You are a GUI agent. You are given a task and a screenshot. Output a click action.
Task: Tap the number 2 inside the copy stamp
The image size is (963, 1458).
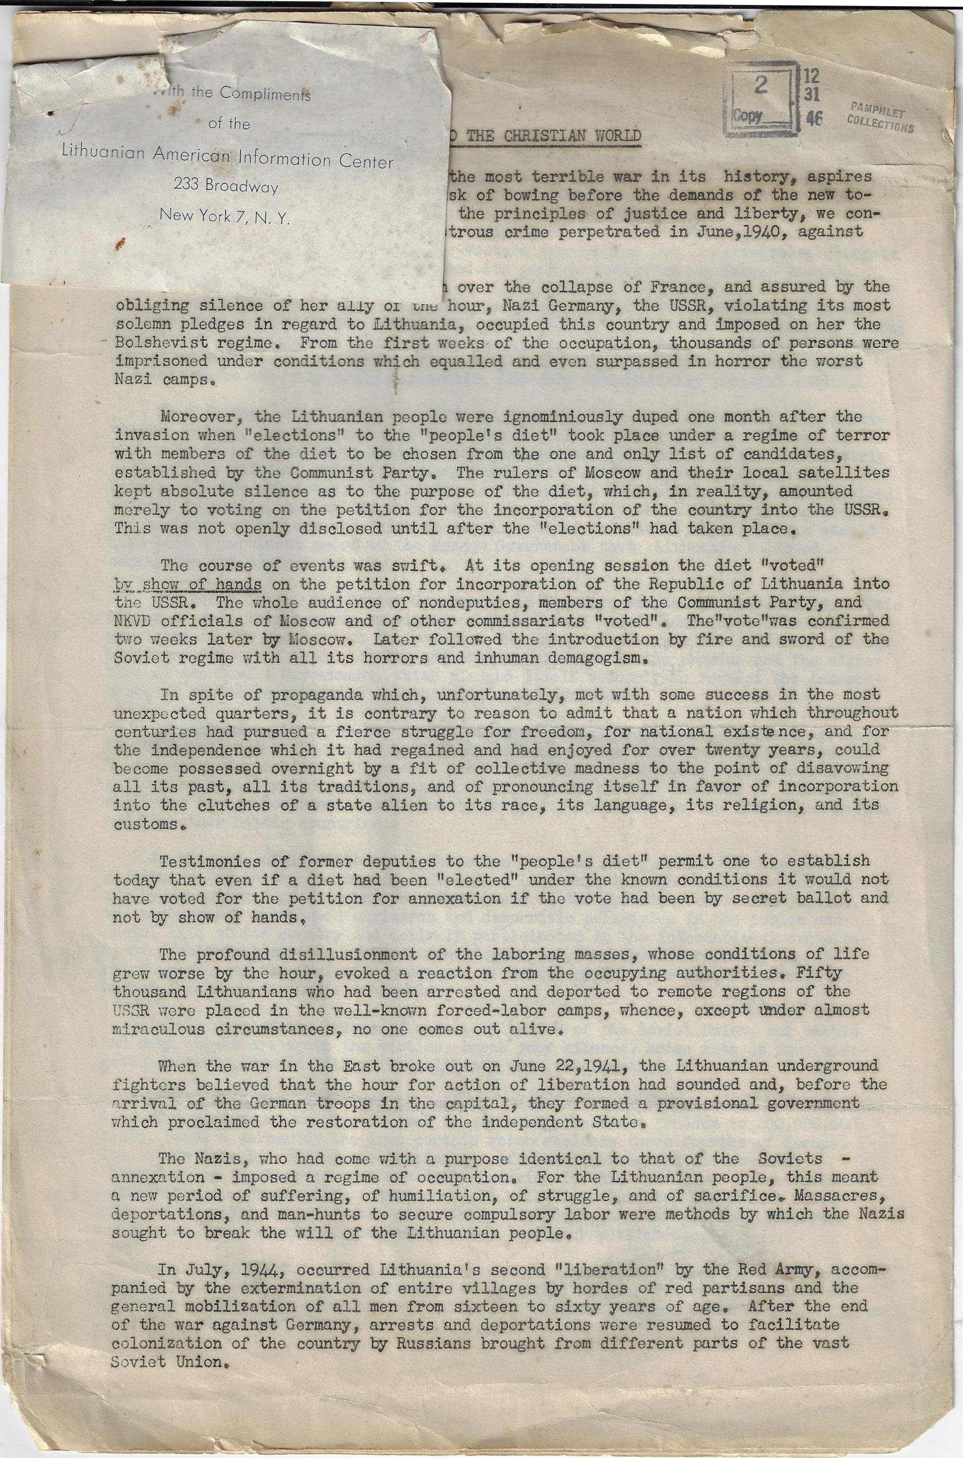761,87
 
